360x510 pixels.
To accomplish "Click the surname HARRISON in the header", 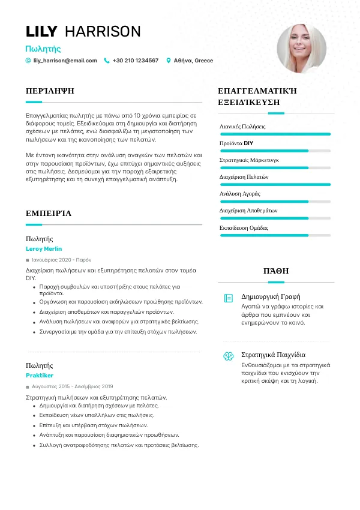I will click(103, 32).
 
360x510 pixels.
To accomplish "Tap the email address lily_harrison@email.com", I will click(65, 61).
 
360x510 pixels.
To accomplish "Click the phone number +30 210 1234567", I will click(136, 61).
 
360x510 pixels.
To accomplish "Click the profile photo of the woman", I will click(302, 49).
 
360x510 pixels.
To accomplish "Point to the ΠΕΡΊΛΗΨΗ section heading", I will click(50, 91).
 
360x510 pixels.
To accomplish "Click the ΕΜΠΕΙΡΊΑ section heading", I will click(49, 213).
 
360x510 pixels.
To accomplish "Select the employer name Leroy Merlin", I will click(44, 248).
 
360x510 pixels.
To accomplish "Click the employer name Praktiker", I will click(40, 375).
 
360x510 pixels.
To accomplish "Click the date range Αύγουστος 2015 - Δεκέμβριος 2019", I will click(72, 386).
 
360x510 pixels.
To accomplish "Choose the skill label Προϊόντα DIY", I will click(237, 143).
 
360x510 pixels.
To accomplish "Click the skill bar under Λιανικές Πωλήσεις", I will click(275, 134).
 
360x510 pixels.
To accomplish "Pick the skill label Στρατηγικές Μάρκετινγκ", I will click(249, 160).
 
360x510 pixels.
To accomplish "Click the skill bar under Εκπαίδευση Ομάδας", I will click(275, 235).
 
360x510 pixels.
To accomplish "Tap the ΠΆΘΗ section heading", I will click(275, 271).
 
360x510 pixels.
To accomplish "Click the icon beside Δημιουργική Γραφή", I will click(228, 298).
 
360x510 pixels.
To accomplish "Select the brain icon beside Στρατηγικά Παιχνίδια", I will click(228, 356).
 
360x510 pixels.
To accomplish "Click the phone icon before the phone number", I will click(107, 61).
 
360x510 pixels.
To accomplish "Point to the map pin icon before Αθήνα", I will click(169, 61).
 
